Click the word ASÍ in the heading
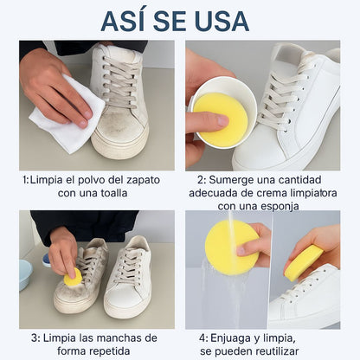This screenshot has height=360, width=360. (131, 20)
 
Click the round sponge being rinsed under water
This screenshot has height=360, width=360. (231, 247)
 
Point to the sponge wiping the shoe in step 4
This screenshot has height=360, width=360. (304, 262)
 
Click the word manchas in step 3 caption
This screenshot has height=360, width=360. (113, 337)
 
